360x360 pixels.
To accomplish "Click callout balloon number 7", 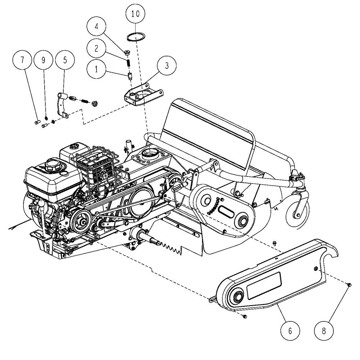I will (x=23, y=60).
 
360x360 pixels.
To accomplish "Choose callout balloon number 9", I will (x=44, y=60).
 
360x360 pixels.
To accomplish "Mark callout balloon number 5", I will (x=65, y=60).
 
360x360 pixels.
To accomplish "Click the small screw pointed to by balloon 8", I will (x=349, y=285).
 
